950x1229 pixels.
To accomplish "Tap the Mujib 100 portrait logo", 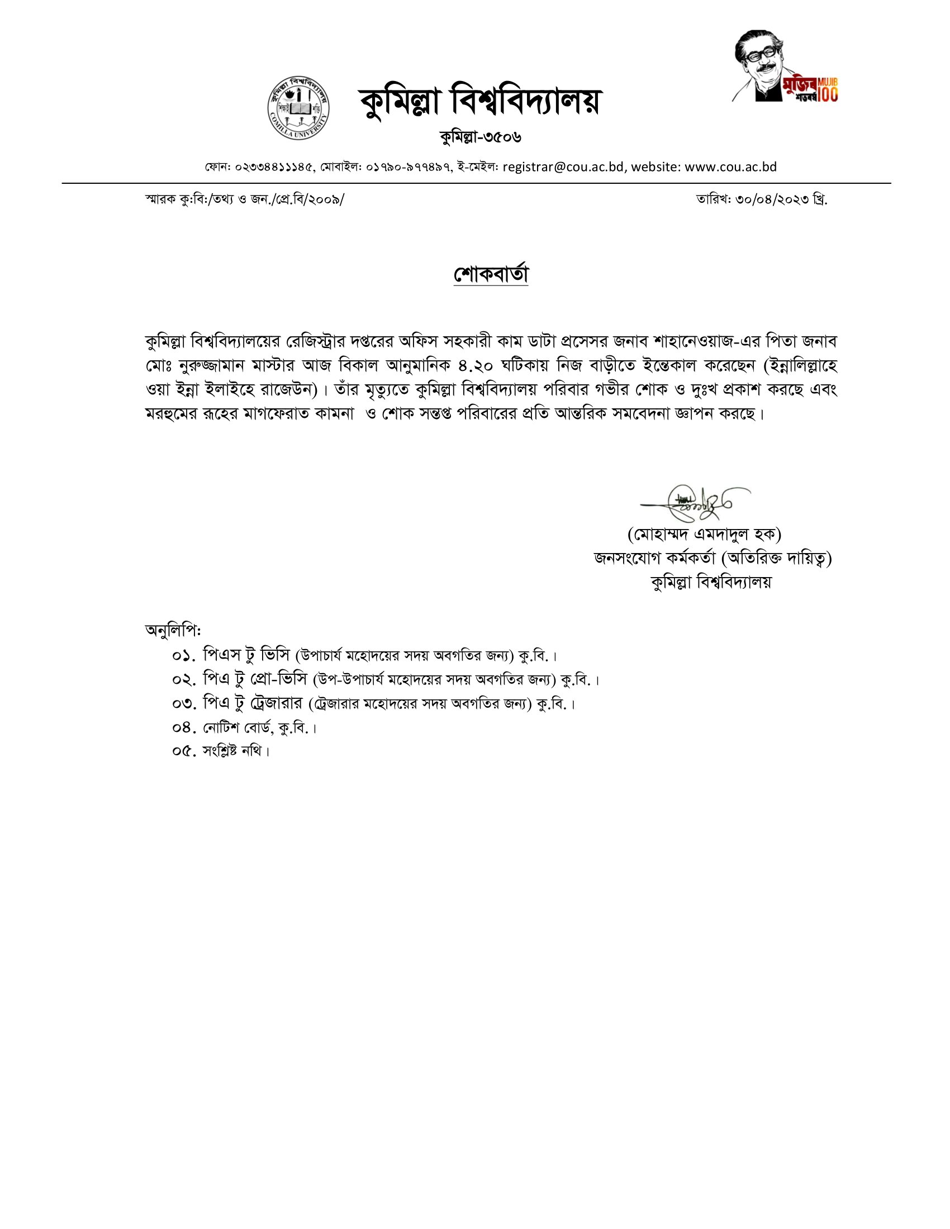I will pyautogui.click(x=786, y=66).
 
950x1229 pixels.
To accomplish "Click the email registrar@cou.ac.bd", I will pyautogui.click(x=563, y=167).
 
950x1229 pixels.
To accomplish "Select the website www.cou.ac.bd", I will pyautogui.click(x=730, y=167).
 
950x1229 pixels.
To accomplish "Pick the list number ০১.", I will pyautogui.click(x=184, y=656).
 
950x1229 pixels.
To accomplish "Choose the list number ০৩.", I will pyautogui.click(x=184, y=703).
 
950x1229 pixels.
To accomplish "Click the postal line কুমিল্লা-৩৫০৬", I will pyautogui.click(x=481, y=137).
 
